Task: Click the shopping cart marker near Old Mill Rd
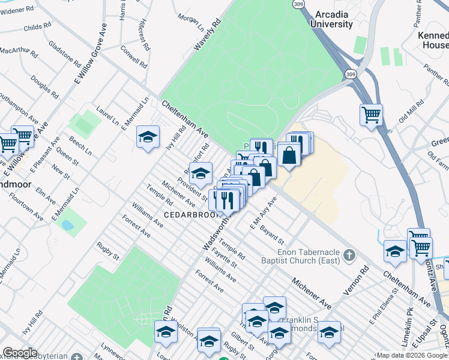[x=372, y=114]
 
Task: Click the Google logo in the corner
[x=20, y=353]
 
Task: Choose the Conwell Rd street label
[x=133, y=56]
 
